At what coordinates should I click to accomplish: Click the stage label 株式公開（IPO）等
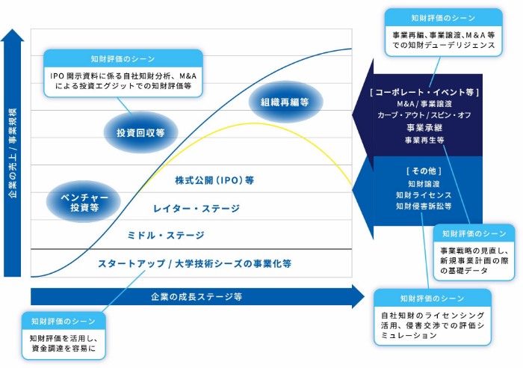(x=215, y=180)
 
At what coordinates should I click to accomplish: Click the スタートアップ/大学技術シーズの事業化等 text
(x=194, y=263)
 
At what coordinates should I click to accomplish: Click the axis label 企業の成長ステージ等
(x=196, y=296)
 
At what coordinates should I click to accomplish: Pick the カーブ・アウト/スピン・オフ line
(x=424, y=115)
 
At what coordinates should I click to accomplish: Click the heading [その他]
(x=424, y=171)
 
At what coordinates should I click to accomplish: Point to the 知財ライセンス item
(x=424, y=194)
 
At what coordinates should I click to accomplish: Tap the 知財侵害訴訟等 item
(x=424, y=206)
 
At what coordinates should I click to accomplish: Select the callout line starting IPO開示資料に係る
(x=123, y=76)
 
